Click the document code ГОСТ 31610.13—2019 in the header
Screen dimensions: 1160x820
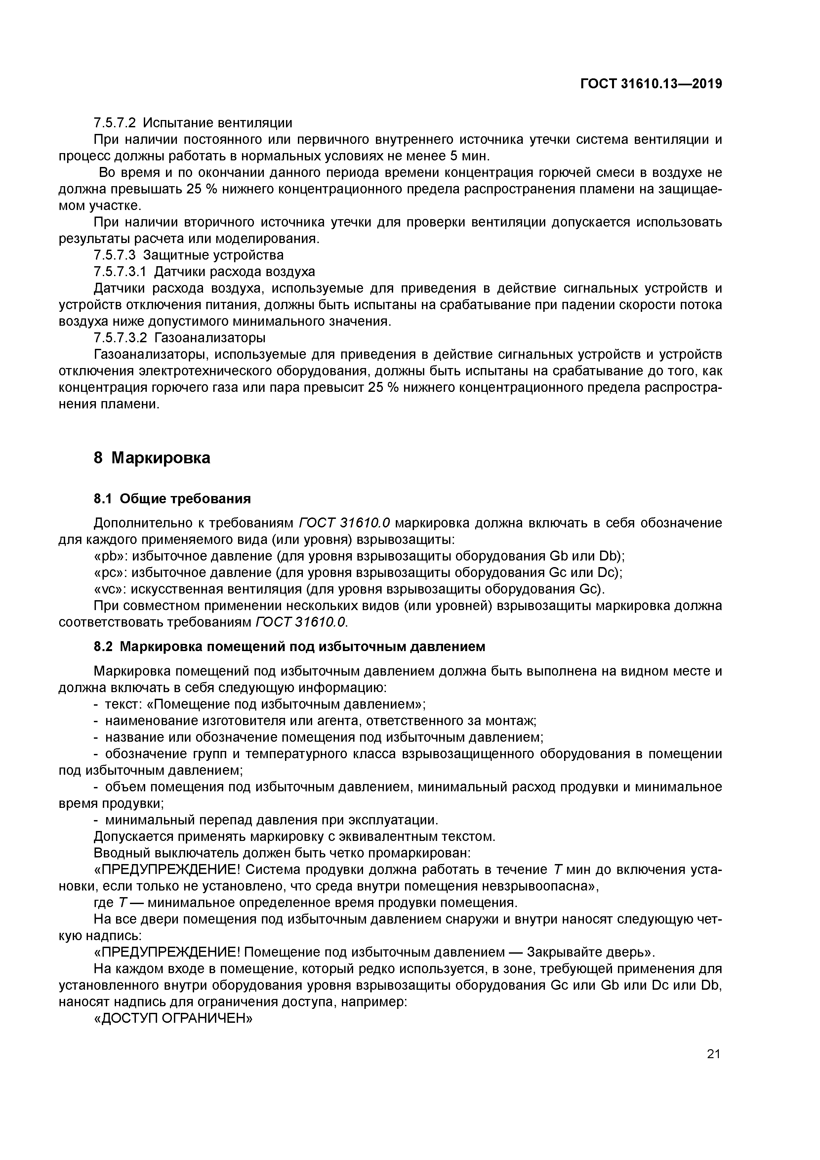pyautogui.click(x=651, y=84)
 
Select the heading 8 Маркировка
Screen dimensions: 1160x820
pyautogui.click(x=151, y=458)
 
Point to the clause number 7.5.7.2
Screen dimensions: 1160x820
pyautogui.click(x=115, y=123)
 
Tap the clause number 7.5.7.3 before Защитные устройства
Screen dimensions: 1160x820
pyautogui.click(x=115, y=255)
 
